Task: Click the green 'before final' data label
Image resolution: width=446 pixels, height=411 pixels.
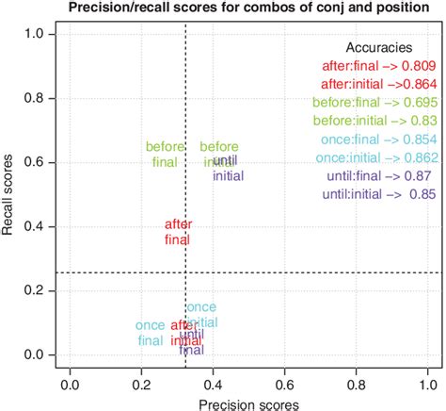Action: point(164,154)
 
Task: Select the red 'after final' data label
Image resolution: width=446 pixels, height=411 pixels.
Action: point(178,232)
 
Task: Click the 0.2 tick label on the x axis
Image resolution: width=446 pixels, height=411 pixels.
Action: point(141,384)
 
